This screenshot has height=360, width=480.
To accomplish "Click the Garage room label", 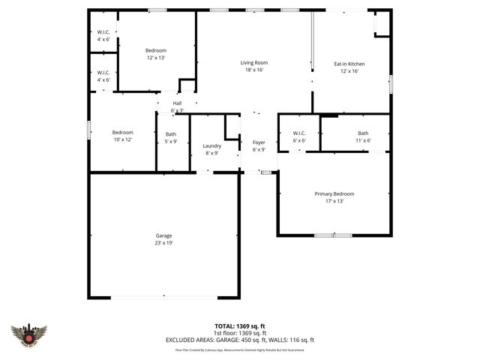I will [164, 235].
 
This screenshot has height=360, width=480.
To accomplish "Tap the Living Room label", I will [254, 63].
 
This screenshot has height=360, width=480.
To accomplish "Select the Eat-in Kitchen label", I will [350, 64].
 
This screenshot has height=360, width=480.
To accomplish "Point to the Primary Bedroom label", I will [334, 193].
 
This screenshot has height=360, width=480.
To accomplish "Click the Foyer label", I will [259, 142].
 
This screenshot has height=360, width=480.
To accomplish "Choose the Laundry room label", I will [211, 145].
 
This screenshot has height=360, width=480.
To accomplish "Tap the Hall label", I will [177, 103].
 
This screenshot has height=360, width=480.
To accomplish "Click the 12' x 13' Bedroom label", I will [155, 50].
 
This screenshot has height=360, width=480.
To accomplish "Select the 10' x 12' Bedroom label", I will [122, 132].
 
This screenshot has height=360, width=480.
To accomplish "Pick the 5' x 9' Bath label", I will [171, 134].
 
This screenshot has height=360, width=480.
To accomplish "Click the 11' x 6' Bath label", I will [363, 133].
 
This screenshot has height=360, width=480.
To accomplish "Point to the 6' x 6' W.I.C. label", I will [298, 133].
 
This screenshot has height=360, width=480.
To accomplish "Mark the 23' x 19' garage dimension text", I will [164, 243].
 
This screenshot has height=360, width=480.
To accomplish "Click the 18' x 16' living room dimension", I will [254, 70].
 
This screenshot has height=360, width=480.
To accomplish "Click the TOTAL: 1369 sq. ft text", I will [239, 326].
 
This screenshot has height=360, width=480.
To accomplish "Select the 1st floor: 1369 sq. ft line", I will [239, 333].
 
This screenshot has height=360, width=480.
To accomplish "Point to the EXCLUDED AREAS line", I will [239, 340].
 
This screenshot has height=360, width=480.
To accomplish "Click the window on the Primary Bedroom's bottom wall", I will [333, 235].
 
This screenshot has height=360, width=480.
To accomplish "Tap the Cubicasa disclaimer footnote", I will [239, 349].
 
